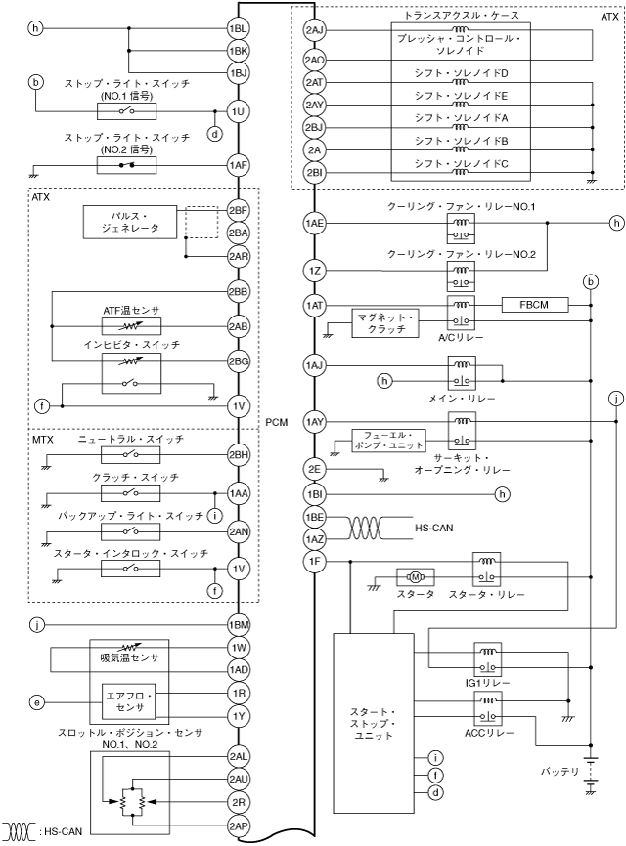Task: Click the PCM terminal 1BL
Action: pyautogui.click(x=237, y=29)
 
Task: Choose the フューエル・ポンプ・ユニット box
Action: pyautogui.click(x=386, y=441)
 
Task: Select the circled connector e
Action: pyautogui.click(x=37, y=700)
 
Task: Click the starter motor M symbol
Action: pyautogui.click(x=410, y=578)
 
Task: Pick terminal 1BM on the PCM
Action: pyautogui.click(x=237, y=625)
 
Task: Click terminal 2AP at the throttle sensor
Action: pyautogui.click(x=237, y=825)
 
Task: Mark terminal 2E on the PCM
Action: pyautogui.click(x=314, y=469)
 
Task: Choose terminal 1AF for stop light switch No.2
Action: pyautogui.click(x=237, y=166)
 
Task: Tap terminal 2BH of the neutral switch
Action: pyautogui.click(x=237, y=455)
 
